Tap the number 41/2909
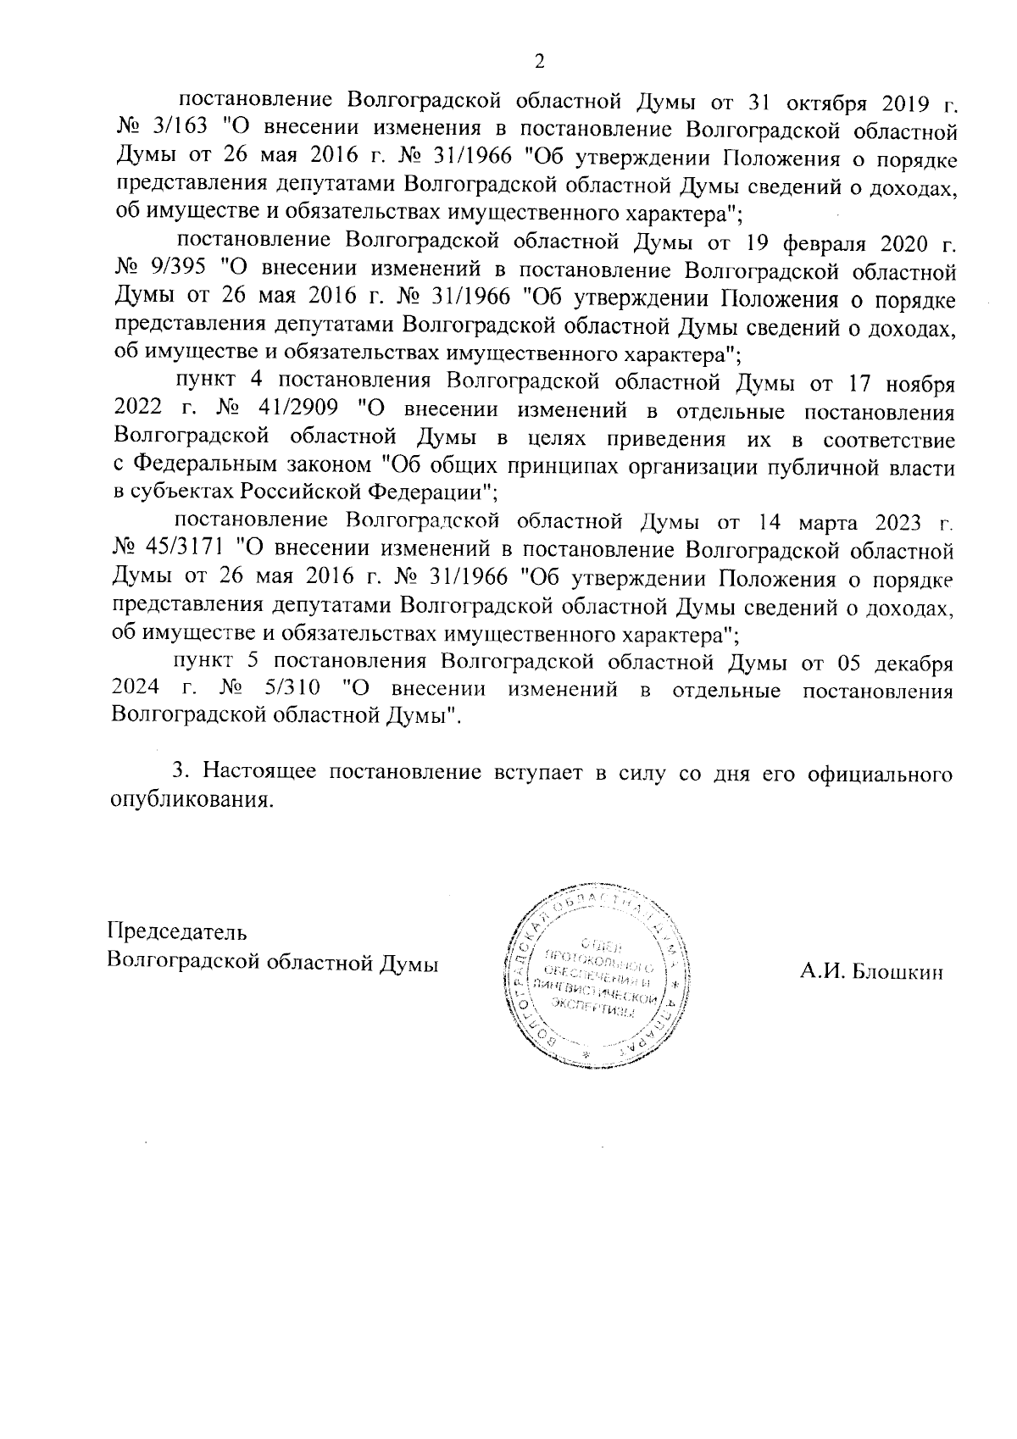[x=294, y=412]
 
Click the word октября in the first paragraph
[x=828, y=105]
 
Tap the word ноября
[x=920, y=385]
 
